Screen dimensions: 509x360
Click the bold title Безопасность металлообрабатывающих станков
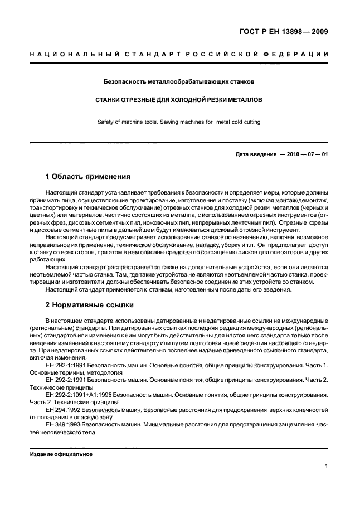[x=179, y=81]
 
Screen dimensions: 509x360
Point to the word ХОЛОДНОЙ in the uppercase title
[x=180, y=101]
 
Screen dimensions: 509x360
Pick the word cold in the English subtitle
[x=235, y=122]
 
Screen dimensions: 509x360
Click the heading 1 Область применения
[x=88, y=177]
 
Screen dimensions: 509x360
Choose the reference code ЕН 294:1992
[x=63, y=410]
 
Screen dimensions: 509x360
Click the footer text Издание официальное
[x=61, y=454]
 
